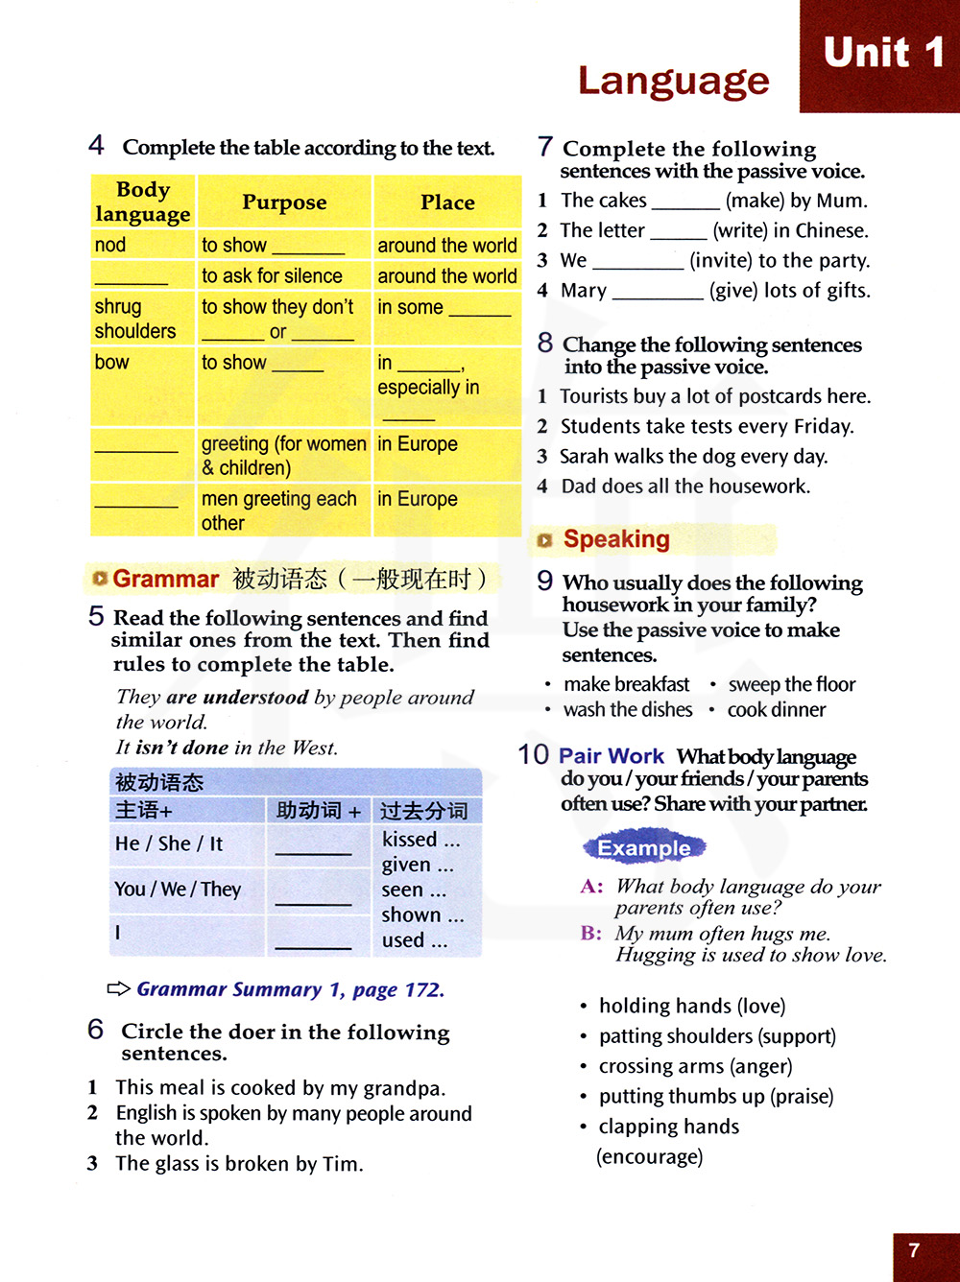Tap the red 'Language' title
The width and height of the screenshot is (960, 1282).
point(673,81)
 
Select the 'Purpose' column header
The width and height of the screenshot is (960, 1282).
point(284,202)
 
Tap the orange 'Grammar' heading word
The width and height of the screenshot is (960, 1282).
point(165,579)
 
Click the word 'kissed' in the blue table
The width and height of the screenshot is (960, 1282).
point(410,840)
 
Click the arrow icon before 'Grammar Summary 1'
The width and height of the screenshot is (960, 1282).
point(118,988)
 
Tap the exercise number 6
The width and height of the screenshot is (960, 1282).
point(96,1030)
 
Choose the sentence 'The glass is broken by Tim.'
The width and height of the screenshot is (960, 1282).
point(239,1164)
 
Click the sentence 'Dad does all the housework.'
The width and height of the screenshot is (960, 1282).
point(684,487)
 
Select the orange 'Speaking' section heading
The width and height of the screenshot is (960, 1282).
point(615,539)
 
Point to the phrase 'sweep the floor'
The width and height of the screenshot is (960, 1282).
point(791,684)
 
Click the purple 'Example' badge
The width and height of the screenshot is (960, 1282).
point(644,847)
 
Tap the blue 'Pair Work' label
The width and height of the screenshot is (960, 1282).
point(612,756)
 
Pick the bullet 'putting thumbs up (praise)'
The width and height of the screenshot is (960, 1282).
point(715,1096)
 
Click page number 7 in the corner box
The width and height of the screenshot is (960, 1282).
point(914,1250)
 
